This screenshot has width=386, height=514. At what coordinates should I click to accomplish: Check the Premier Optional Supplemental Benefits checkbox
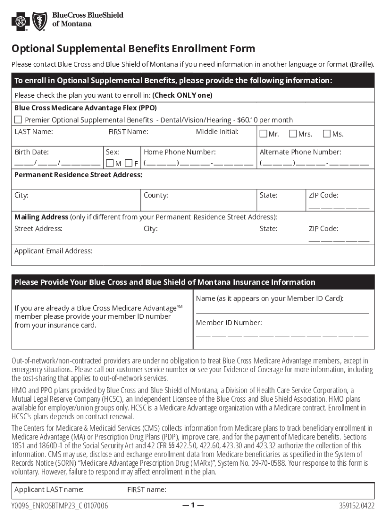[x=18, y=120]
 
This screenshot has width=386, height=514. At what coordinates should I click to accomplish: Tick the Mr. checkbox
[x=264, y=134]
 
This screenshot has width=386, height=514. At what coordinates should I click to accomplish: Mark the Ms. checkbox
[x=327, y=134]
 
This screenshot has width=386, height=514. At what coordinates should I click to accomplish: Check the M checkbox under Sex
[x=110, y=163]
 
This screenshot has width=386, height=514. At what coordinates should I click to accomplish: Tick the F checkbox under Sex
[x=129, y=163]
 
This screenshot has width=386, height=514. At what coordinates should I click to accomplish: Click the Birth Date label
[x=31, y=152]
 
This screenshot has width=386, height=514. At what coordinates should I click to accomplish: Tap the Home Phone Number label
[x=179, y=152]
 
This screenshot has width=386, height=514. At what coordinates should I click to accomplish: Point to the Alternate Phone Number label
[x=300, y=152]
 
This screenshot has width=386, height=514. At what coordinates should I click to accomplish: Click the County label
[x=156, y=195]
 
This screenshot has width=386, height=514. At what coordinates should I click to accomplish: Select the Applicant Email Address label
[x=53, y=251]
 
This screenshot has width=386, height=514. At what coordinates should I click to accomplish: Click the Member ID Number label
[x=229, y=323]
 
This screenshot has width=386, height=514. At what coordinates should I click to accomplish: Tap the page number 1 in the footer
[x=193, y=505]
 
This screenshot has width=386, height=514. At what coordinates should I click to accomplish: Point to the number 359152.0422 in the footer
[x=356, y=506]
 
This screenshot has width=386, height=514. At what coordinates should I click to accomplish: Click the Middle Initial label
[x=217, y=132]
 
